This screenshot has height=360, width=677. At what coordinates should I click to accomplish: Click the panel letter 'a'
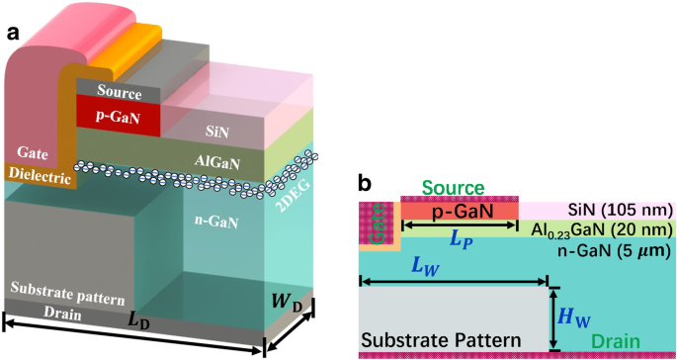pos(14,32)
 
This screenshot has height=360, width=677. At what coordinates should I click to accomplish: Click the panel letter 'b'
pos(365,183)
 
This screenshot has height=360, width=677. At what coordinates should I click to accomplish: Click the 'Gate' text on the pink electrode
pos(34,154)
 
